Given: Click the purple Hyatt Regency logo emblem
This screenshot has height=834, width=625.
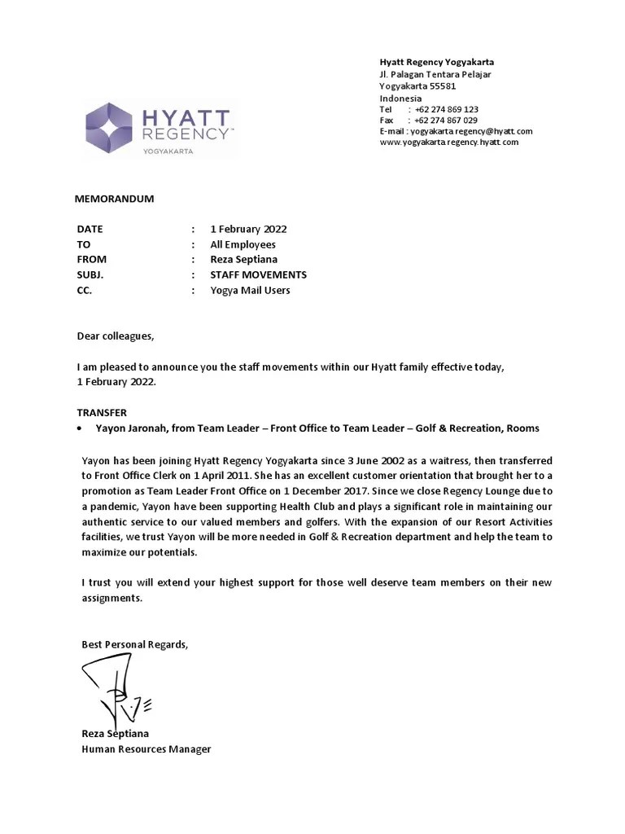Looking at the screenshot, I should pyautogui.click(x=109, y=127).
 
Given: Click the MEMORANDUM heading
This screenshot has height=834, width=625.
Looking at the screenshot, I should pyautogui.click(x=114, y=199).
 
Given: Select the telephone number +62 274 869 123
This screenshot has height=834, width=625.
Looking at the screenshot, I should pyautogui.click(x=446, y=109).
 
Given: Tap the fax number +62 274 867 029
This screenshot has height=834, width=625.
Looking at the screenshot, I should pyautogui.click(x=446, y=120).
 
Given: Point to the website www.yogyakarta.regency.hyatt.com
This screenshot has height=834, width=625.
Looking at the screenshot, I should pyautogui.click(x=448, y=142).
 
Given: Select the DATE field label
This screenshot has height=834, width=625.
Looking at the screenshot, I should pyautogui.click(x=90, y=229).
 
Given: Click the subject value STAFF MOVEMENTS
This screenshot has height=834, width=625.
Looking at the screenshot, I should pyautogui.click(x=258, y=275).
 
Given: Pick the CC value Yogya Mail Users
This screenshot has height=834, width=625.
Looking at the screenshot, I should pyautogui.click(x=250, y=290).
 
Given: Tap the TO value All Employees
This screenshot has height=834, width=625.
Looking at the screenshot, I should pyautogui.click(x=243, y=244).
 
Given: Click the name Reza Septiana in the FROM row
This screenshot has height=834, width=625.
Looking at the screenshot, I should pyautogui.click(x=243, y=260).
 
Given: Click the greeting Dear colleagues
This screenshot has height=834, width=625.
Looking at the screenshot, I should pyautogui.click(x=115, y=336).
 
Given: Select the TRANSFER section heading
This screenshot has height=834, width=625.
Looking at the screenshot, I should pyautogui.click(x=102, y=413).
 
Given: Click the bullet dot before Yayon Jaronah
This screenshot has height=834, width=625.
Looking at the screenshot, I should pyautogui.click(x=79, y=428).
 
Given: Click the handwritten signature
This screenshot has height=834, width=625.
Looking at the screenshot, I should pyautogui.click(x=110, y=688).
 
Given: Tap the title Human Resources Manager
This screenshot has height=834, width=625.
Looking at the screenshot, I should pyautogui.click(x=146, y=748).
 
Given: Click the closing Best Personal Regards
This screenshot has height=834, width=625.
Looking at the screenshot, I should pyautogui.click(x=134, y=644).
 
